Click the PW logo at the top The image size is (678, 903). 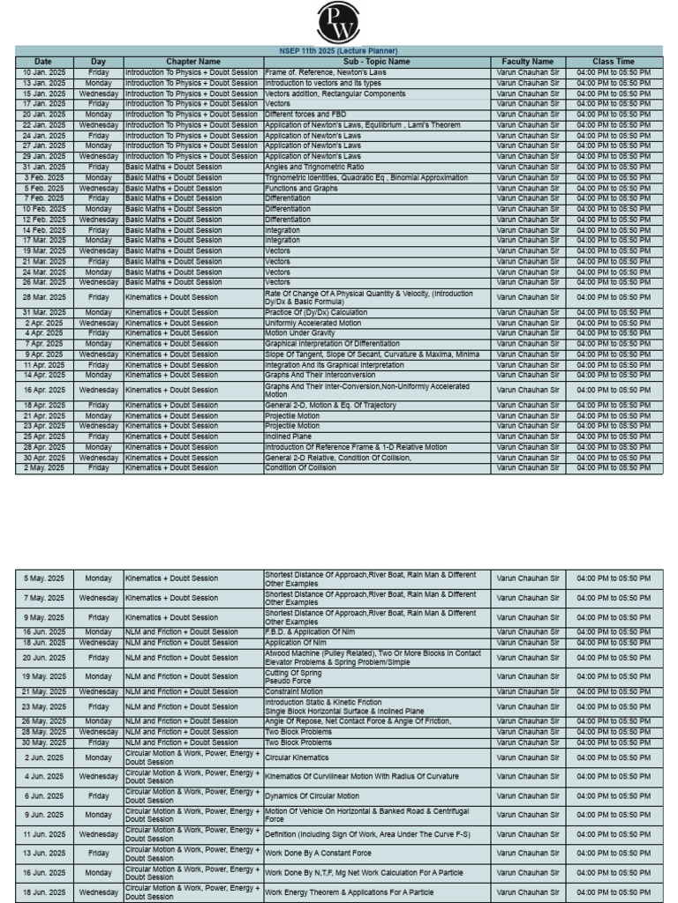tap(339, 22)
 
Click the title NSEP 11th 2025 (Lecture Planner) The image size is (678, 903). tap(339, 51)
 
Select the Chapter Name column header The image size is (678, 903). tap(192, 62)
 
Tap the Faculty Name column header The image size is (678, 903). tap(528, 62)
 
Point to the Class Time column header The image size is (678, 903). tap(614, 62)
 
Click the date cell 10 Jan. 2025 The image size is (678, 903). tap(44, 71)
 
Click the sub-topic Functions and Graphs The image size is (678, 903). tap(301, 188)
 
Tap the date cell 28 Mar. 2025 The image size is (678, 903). tap(44, 298)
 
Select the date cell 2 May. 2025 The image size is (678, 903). tap(44, 468)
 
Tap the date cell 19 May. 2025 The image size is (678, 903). tap(44, 676)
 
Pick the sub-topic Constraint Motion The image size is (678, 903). tap(299, 691)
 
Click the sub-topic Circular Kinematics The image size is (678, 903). tap(297, 757)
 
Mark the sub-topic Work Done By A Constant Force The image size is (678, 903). tap(318, 853)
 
